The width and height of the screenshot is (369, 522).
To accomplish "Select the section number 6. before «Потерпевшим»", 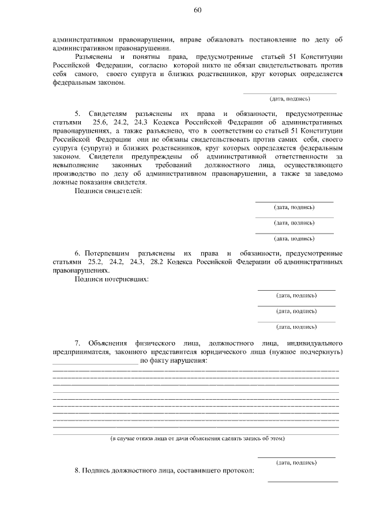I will (x=77, y=254).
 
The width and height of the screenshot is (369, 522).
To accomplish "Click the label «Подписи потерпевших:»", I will (x=111, y=279).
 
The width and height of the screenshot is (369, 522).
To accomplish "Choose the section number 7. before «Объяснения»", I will (x=77, y=343).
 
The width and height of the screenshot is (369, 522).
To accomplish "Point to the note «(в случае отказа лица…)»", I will (x=198, y=439).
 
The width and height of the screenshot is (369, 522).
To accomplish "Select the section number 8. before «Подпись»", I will (x=77, y=471).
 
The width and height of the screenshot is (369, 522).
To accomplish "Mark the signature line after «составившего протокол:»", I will (x=302, y=480).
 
